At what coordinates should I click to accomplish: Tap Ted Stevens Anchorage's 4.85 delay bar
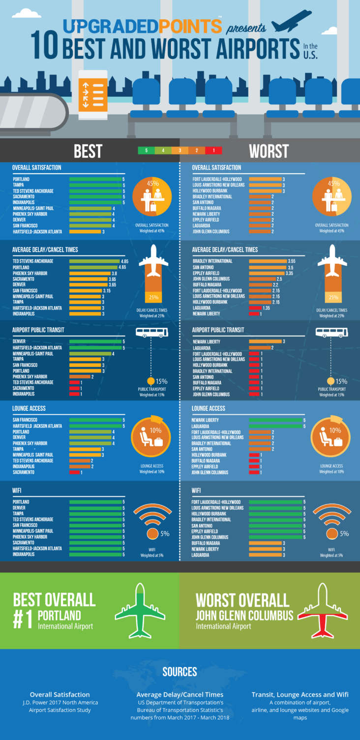click(x=94, y=261)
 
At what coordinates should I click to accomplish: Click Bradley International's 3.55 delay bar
click(x=268, y=261)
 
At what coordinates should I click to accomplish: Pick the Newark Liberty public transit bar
click(x=265, y=341)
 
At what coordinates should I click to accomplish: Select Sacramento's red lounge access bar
click(x=74, y=472)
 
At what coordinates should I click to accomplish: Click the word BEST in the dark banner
click(x=88, y=151)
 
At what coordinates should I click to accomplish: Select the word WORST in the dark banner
click(x=269, y=151)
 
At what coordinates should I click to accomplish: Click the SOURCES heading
click(x=180, y=672)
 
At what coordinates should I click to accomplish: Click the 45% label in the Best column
click(x=152, y=184)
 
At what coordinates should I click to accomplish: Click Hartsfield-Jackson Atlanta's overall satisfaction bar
click(x=85, y=231)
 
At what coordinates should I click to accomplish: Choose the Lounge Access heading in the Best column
click(x=29, y=408)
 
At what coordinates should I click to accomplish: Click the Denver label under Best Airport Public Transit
click(x=19, y=341)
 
